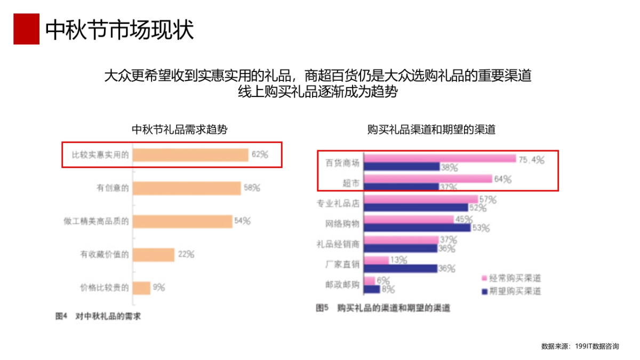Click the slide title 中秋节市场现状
tap(119, 30)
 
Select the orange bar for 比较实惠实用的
tap(190, 155)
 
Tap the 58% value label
tap(252, 188)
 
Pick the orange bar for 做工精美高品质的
tap(182, 221)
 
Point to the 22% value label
tap(186, 254)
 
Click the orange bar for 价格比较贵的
tap(142, 287)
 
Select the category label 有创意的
tap(113, 188)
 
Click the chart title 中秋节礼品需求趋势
tap(180, 130)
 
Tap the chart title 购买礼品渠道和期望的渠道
tap(431, 130)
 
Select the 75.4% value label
tap(531, 159)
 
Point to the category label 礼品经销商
tap(338, 244)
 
